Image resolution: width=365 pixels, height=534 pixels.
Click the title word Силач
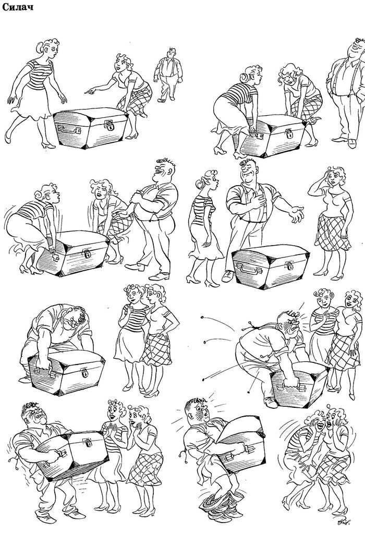pyautogui.click(x=18, y=6)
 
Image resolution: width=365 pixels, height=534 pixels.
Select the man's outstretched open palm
pyautogui.click(x=296, y=213)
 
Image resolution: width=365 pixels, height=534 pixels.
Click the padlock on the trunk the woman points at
pyautogui.click(x=111, y=126)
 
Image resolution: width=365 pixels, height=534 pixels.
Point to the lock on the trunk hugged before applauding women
pyautogui.click(x=88, y=444)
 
